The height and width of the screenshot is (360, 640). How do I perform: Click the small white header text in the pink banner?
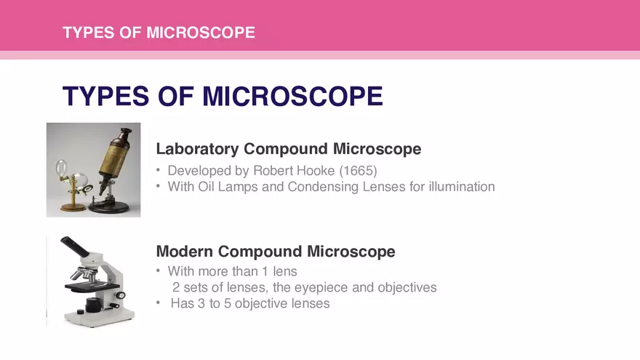pos(159,33)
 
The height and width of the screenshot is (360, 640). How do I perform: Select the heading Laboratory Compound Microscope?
pos(289,149)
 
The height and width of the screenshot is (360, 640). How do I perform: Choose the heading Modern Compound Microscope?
pos(276,252)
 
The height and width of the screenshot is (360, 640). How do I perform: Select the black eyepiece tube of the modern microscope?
pos(75,247)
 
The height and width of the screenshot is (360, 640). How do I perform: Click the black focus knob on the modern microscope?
pos(92,304)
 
